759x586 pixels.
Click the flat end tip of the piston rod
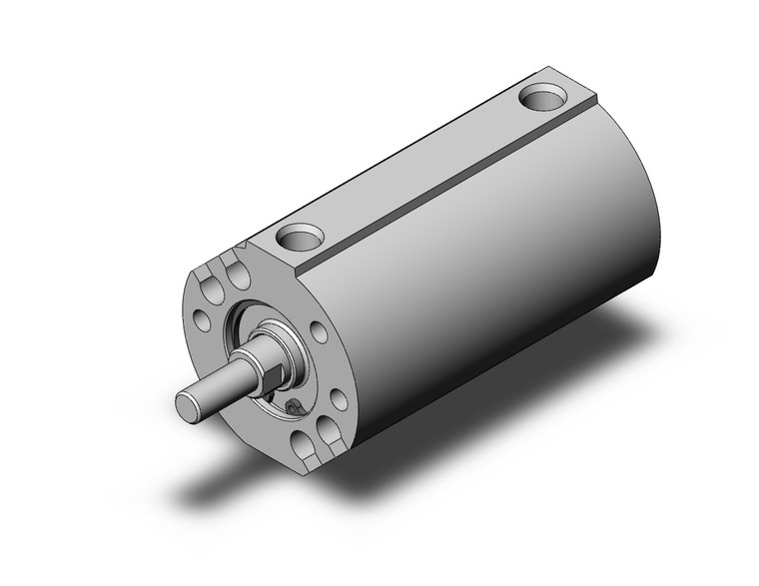point(189,405)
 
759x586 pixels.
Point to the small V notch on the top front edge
point(244,244)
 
